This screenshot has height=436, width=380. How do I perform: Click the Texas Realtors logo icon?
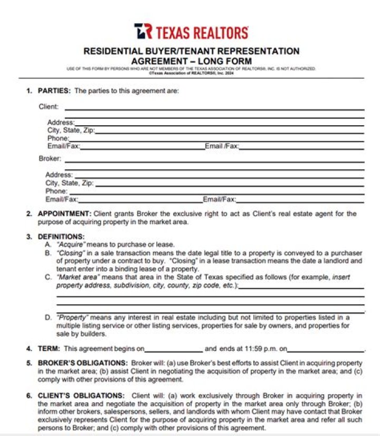coord(142,31)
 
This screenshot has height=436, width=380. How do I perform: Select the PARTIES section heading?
coord(54,91)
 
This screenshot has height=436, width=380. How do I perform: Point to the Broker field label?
coord(50,158)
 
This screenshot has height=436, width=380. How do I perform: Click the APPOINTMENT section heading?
coord(64,214)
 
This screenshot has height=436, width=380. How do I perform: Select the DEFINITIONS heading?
coord(61,236)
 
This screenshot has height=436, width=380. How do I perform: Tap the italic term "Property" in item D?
coord(72,318)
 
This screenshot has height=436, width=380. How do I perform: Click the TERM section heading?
coord(49,349)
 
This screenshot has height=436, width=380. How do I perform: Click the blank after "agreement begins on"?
coord(173,350)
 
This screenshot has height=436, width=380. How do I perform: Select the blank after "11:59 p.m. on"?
coord(326,350)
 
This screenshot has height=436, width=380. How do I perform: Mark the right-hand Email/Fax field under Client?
coord(301,147)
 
